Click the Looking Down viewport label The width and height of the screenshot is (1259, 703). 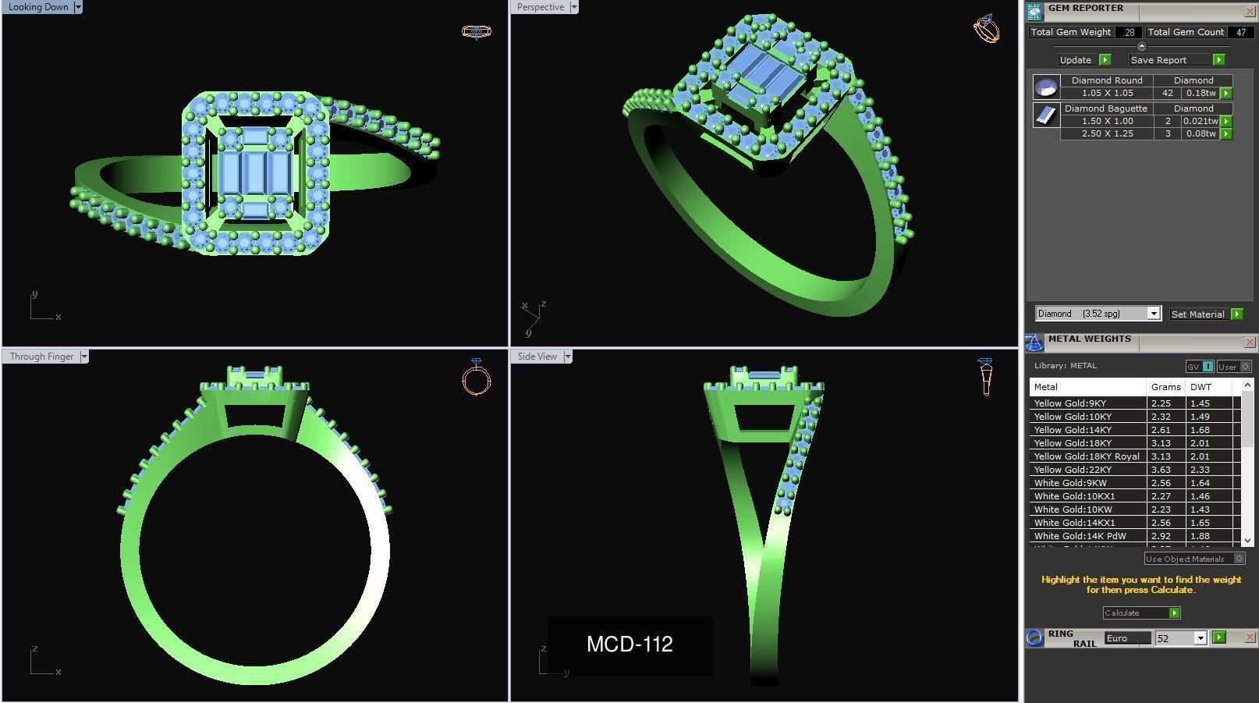(x=37, y=7)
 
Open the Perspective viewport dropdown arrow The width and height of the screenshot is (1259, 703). (x=574, y=7)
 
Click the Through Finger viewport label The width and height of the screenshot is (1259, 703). (x=41, y=357)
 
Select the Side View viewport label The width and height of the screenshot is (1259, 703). (x=537, y=357)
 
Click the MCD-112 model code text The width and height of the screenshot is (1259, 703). (x=629, y=644)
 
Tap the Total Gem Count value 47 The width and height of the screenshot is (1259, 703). (x=1240, y=32)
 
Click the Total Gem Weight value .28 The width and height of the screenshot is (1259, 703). (x=1129, y=32)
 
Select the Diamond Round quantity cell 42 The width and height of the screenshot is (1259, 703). (x=1167, y=93)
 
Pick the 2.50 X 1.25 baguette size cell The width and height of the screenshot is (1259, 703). (x=1107, y=133)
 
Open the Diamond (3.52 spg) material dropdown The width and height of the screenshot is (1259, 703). (x=1153, y=314)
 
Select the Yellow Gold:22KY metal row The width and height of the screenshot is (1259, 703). (x=1073, y=470)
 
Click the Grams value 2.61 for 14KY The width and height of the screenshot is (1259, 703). (x=1161, y=430)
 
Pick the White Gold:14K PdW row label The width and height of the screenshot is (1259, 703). (x=1080, y=536)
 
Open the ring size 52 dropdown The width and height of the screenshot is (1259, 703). (x=1200, y=638)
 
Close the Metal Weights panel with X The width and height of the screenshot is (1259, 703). (x=1250, y=343)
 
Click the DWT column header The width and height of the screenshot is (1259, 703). (x=1200, y=387)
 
